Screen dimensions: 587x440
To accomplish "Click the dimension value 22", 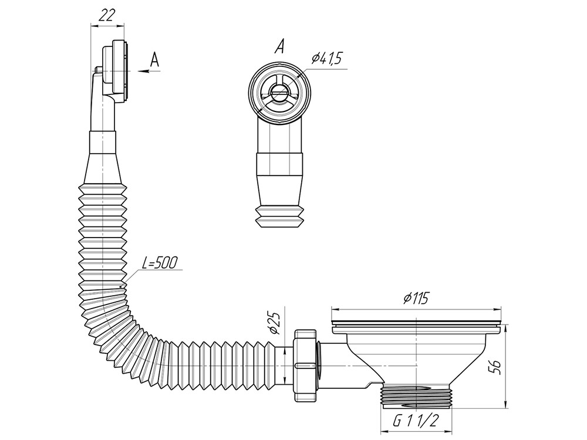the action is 106,15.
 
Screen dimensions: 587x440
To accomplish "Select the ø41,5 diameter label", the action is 326,59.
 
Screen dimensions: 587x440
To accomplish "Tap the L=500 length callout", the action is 160,263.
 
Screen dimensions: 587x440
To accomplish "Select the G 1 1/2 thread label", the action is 415,421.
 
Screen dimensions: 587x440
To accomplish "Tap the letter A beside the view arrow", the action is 154,60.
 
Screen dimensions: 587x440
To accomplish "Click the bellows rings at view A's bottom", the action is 279,216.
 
